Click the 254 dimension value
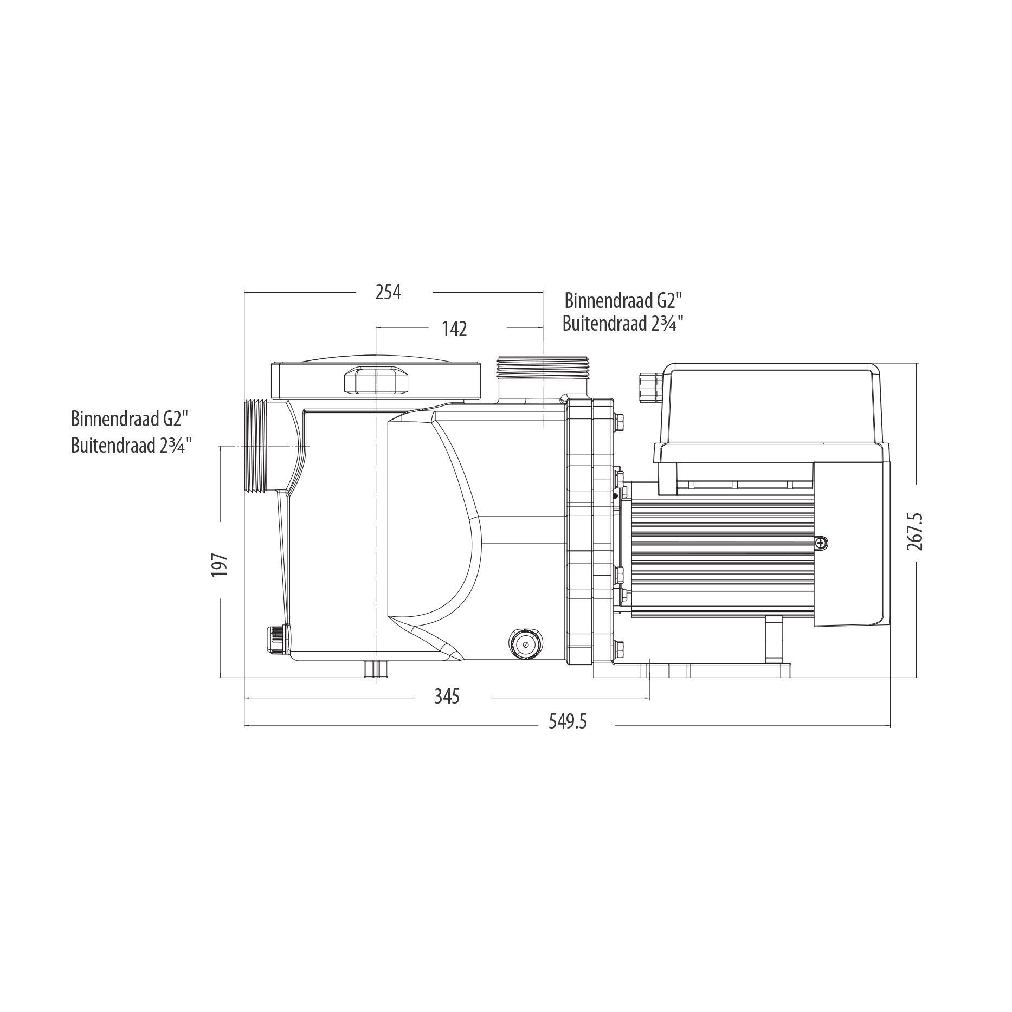[388, 292]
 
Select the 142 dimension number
[454, 329]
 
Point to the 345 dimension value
[447, 696]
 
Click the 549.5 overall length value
[568, 721]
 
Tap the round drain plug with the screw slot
[524, 644]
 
